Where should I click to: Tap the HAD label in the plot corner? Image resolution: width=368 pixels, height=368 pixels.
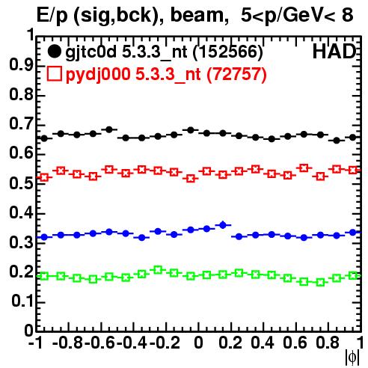coord(334,52)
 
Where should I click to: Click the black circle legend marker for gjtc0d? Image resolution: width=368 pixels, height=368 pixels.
coord(54,52)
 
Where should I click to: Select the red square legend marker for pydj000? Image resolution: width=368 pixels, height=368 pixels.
coord(54,73)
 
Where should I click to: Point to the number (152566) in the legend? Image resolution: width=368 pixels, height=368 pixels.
coord(228,52)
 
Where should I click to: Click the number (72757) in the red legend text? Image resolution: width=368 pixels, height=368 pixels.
coord(236,74)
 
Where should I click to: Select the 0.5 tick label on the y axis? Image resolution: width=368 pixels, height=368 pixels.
coord(21,183)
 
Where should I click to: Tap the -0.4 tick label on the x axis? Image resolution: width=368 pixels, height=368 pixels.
coord(133,343)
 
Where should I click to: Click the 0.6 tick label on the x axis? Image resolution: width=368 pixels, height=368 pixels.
coord(295,343)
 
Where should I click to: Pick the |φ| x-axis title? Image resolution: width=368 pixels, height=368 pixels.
coord(352,358)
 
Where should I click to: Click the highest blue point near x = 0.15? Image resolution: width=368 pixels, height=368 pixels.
coord(223,225)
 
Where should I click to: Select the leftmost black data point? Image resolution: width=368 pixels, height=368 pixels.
coord(44,138)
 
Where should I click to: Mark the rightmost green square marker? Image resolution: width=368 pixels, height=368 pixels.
coord(353,276)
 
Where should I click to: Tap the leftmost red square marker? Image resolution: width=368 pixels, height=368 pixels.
coord(44,177)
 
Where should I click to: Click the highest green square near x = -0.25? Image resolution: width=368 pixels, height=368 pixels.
coord(158,270)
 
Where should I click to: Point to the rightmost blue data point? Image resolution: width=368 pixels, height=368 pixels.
coord(353,233)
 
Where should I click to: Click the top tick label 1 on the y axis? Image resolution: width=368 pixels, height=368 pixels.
coord(31,35)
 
